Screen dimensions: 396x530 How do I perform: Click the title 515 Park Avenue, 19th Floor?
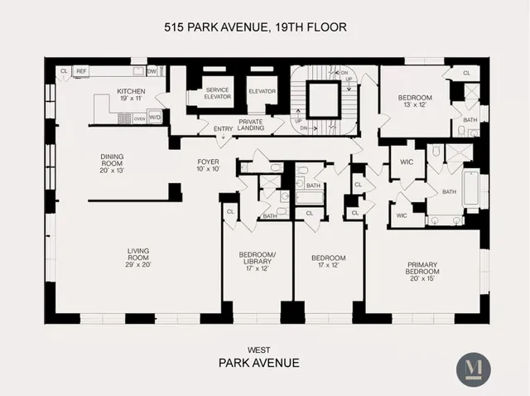254,27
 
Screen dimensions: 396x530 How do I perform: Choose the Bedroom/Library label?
256,257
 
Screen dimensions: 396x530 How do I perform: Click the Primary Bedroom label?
422,270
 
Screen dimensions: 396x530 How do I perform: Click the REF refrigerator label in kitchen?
81,72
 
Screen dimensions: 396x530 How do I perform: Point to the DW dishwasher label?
152,72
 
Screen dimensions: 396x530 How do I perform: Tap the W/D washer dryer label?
154,118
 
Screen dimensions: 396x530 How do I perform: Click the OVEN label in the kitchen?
139,118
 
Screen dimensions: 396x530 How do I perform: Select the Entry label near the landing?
223,128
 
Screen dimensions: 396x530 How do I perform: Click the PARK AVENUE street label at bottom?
258,363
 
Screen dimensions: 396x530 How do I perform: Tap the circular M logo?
474,369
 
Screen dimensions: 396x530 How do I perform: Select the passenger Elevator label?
262,89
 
